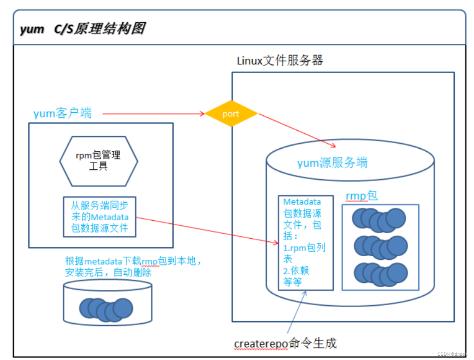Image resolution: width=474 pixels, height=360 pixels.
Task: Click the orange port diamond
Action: (231, 114)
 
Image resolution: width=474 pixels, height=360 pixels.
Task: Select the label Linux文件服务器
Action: (280, 60)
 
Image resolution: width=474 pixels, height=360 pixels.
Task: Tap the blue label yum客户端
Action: (63, 114)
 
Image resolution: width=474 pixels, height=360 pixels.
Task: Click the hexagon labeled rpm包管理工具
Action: (99, 161)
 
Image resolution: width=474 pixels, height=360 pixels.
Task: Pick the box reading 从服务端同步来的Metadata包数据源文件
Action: (100, 217)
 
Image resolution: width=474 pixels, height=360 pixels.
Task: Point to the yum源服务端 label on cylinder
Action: (332, 163)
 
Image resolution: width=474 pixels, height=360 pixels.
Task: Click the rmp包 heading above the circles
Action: (362, 196)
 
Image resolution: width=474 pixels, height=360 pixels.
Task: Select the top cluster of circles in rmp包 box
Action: (379, 219)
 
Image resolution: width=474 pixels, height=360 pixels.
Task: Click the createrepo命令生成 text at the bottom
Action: (285, 343)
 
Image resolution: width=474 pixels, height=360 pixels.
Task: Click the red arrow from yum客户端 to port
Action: (152, 114)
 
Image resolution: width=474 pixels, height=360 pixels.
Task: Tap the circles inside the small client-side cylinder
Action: (106, 309)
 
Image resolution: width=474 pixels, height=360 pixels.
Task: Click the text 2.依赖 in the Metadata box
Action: (296, 271)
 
